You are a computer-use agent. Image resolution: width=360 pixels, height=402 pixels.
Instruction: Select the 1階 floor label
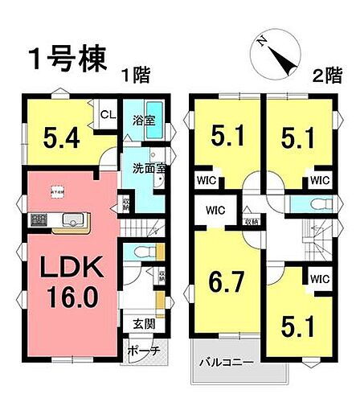coord(136,76)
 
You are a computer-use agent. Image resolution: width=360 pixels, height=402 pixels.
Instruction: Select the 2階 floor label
coord(325,76)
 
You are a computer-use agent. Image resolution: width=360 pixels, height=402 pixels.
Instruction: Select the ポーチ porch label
coord(144,351)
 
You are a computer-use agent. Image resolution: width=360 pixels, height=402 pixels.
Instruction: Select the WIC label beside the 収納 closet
coord(214,212)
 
